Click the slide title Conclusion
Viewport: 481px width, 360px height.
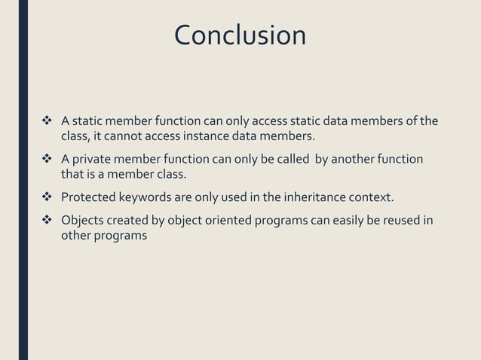(x=240, y=35)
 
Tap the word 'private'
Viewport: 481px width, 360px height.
(x=91, y=160)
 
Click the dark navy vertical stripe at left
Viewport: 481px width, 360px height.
(x=23, y=180)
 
